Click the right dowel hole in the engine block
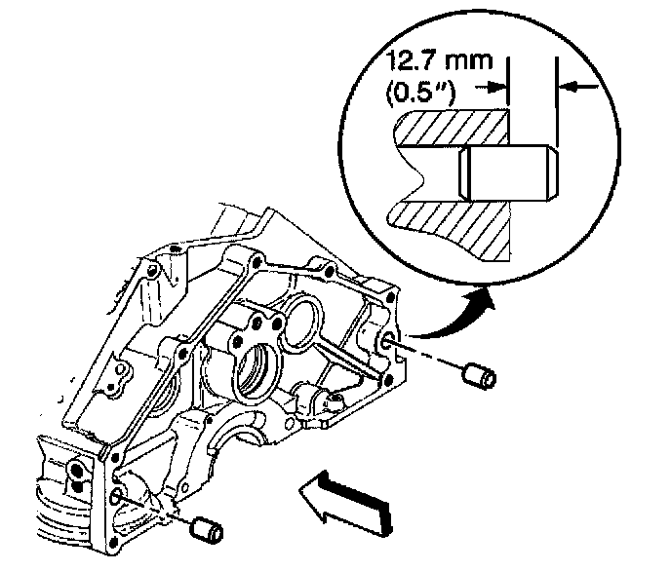(x=388, y=340)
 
